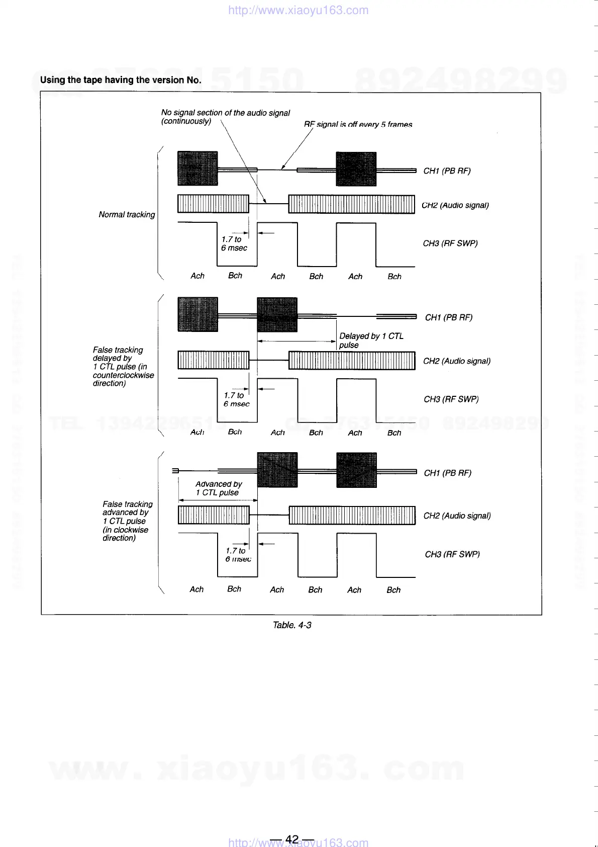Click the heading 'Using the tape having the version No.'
[x=121, y=80]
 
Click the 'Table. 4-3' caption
[x=291, y=625]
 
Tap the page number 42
[x=291, y=839]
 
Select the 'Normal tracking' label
[x=127, y=215]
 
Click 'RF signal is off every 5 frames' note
[x=358, y=124]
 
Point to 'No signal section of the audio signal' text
[x=225, y=113]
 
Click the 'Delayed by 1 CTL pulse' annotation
[x=371, y=341]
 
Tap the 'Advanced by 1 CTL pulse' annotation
[x=219, y=488]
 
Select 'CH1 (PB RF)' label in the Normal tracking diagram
[x=447, y=171]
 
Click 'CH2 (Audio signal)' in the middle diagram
[x=456, y=361]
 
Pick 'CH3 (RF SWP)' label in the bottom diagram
[x=452, y=554]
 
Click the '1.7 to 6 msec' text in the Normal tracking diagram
[x=234, y=244]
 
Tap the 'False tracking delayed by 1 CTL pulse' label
[x=123, y=367]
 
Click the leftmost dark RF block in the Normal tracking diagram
[x=197, y=168]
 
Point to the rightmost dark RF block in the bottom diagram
[x=356, y=470]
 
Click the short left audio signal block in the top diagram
[x=213, y=204]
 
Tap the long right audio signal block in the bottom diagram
[x=352, y=516]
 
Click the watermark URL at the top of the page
[x=298, y=11]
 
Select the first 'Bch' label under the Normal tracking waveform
[x=235, y=276]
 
